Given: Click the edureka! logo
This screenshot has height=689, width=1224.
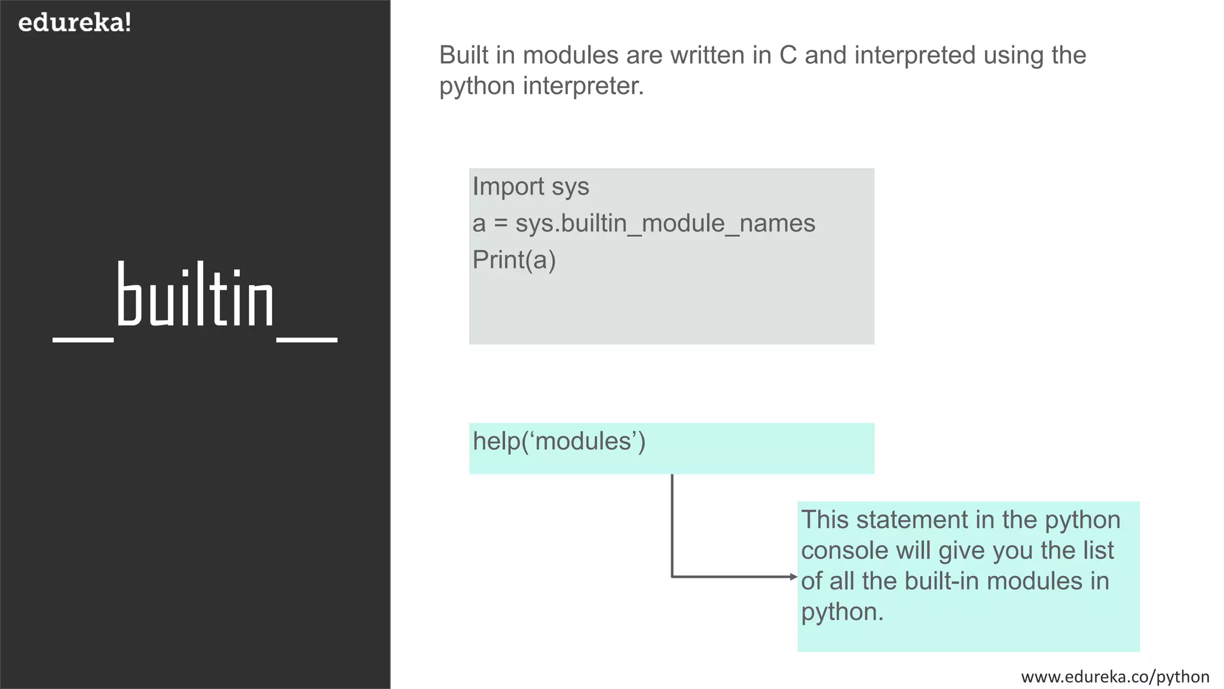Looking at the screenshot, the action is point(75,23).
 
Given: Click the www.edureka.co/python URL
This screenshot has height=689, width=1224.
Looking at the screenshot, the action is point(1115,676).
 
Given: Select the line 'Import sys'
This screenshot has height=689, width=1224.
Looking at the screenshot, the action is point(531,187).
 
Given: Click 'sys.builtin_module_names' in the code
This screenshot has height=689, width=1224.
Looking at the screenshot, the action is point(665,224).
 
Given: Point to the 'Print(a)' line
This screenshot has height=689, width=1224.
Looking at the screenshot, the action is point(514,260).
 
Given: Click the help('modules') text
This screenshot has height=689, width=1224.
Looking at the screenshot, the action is point(559,441).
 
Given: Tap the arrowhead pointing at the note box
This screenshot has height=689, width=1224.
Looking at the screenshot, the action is point(794,577).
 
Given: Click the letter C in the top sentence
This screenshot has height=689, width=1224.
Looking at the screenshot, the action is point(788,56).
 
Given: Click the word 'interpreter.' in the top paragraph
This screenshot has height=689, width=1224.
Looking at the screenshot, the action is point(583,86).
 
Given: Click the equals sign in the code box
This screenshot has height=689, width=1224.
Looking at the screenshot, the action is point(501,224).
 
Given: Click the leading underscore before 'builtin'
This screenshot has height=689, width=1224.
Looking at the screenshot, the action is point(83,339).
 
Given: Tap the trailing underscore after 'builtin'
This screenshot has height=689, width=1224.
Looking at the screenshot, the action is point(307,339).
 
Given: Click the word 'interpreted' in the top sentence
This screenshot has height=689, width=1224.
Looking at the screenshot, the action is point(915,56).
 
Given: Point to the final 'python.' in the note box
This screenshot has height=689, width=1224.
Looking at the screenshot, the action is point(841,612).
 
